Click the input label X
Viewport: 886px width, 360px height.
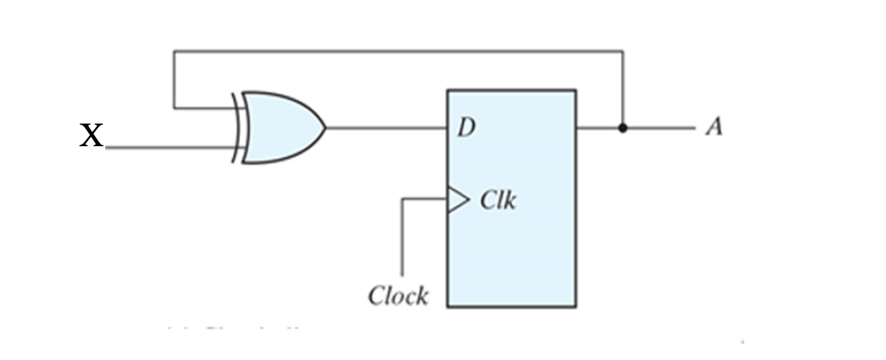pyautogui.click(x=91, y=136)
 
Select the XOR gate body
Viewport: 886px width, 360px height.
pyautogui.click(x=279, y=128)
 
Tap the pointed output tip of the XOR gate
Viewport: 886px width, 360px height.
pyautogui.click(x=324, y=128)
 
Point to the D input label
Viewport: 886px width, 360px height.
pyautogui.click(x=466, y=128)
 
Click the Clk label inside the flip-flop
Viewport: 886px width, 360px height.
pyautogui.click(x=498, y=201)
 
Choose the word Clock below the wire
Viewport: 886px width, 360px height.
pyautogui.click(x=398, y=296)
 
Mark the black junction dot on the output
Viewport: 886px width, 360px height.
pyautogui.click(x=623, y=128)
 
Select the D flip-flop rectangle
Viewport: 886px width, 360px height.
pyautogui.click(x=511, y=248)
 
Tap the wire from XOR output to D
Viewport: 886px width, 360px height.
pyautogui.click(x=386, y=128)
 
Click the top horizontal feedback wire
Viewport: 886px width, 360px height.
pyautogui.click(x=397, y=50)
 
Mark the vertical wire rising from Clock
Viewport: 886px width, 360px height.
pyautogui.click(x=402, y=238)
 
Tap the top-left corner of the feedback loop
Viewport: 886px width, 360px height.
pyautogui.click(x=174, y=50)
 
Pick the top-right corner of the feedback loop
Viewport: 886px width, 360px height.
pyautogui.click(x=623, y=50)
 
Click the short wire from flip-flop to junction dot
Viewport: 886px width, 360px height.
pyautogui.click(x=598, y=128)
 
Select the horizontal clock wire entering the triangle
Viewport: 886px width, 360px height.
pyautogui.click(x=424, y=199)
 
